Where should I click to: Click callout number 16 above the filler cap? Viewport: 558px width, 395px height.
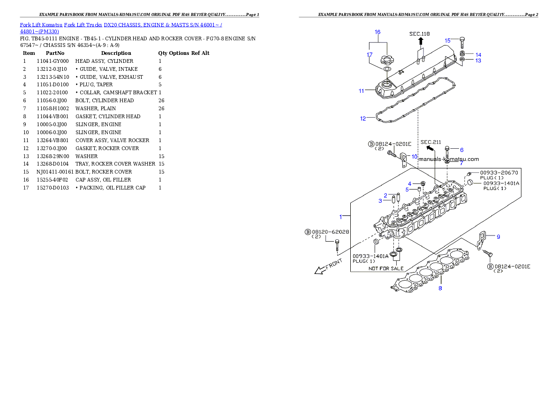click(377, 32)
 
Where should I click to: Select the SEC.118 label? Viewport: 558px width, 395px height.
click(419, 34)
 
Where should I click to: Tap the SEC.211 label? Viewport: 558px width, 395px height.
click(430, 142)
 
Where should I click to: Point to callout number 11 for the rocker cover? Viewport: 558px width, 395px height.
click(361, 91)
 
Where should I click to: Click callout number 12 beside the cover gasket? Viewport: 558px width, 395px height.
click(363, 119)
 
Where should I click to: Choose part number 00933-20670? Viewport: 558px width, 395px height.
click(499, 173)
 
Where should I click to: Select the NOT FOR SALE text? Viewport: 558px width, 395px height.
click(385, 269)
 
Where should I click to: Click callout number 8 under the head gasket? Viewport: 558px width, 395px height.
click(440, 288)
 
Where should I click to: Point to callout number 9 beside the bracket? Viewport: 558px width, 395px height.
click(498, 237)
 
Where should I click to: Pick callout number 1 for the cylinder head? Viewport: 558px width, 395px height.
click(341, 217)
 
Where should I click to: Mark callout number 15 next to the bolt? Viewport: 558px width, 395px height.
click(447, 40)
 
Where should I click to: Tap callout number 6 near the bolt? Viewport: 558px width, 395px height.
click(461, 150)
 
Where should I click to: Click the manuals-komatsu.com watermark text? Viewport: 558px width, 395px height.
click(448, 159)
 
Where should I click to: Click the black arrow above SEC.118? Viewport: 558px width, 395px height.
click(421, 41)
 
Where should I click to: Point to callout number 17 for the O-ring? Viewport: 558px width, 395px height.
click(369, 54)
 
